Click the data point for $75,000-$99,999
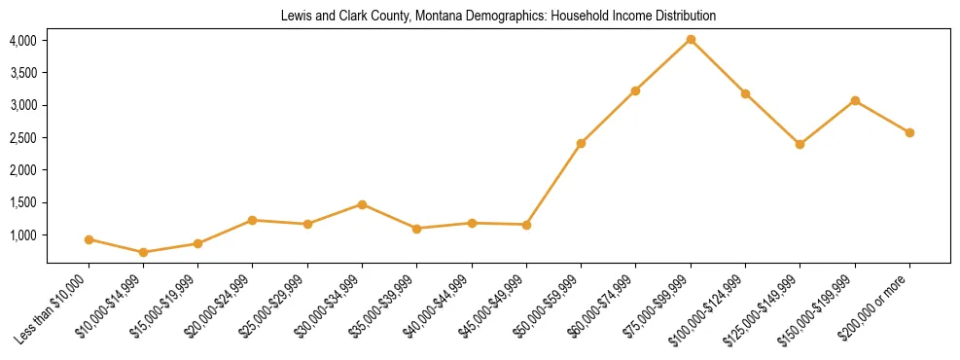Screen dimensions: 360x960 (691, 40)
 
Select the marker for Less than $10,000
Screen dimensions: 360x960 (89, 239)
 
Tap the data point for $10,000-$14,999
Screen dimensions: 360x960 (144, 252)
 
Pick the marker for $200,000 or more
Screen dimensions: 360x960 (909, 132)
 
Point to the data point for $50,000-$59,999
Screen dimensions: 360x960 (581, 143)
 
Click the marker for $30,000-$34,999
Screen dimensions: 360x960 (362, 204)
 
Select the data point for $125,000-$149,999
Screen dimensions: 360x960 (800, 144)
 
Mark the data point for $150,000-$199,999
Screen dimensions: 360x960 (855, 100)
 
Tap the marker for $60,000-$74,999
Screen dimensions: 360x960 (635, 90)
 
